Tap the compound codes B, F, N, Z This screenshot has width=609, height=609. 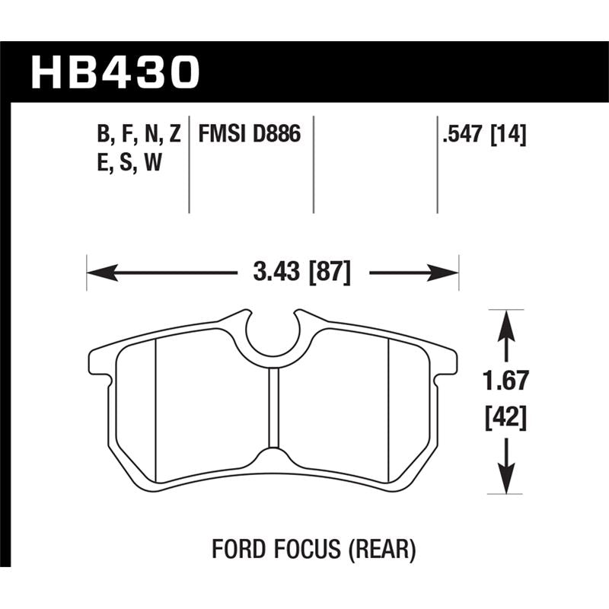139,135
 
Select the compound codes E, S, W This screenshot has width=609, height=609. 130,163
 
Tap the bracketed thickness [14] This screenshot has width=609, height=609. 509,135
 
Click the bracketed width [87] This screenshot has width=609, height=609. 328,273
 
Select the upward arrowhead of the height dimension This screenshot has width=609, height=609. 502,324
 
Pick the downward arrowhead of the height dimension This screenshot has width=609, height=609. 502,480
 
